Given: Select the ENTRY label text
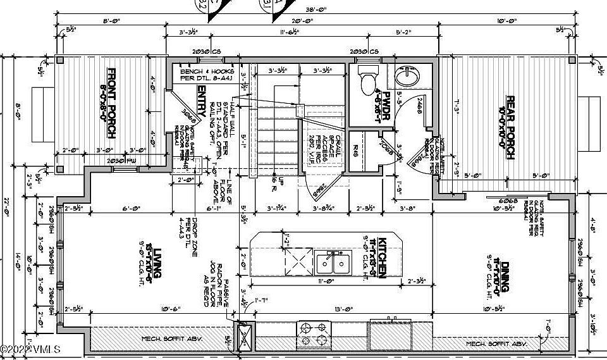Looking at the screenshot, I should click(202, 99).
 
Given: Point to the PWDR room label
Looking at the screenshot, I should click(381, 108).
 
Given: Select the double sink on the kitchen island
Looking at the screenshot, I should click(332, 262).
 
